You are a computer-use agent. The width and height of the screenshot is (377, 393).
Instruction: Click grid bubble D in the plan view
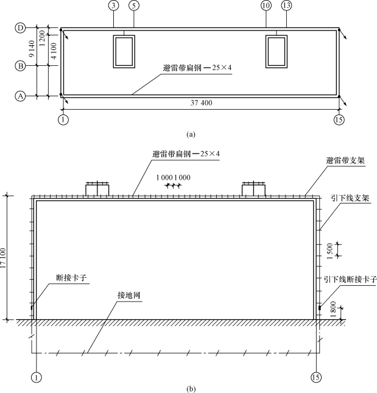click(x=19, y=27)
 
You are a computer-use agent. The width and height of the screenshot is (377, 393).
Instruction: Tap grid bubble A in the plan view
click(x=19, y=96)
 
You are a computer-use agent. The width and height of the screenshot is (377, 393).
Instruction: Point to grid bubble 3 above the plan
click(x=113, y=5)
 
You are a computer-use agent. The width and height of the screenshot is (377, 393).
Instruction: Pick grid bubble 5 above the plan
click(x=133, y=5)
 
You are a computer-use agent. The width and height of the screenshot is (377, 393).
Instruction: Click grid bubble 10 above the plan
click(x=266, y=5)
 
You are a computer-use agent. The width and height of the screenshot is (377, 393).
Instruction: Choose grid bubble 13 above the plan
click(x=286, y=5)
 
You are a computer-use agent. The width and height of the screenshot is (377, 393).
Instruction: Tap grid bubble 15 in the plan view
click(x=339, y=119)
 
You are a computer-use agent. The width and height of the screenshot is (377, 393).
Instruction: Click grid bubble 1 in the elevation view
click(x=37, y=378)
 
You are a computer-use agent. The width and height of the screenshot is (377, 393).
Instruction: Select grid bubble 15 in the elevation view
click(x=315, y=378)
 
